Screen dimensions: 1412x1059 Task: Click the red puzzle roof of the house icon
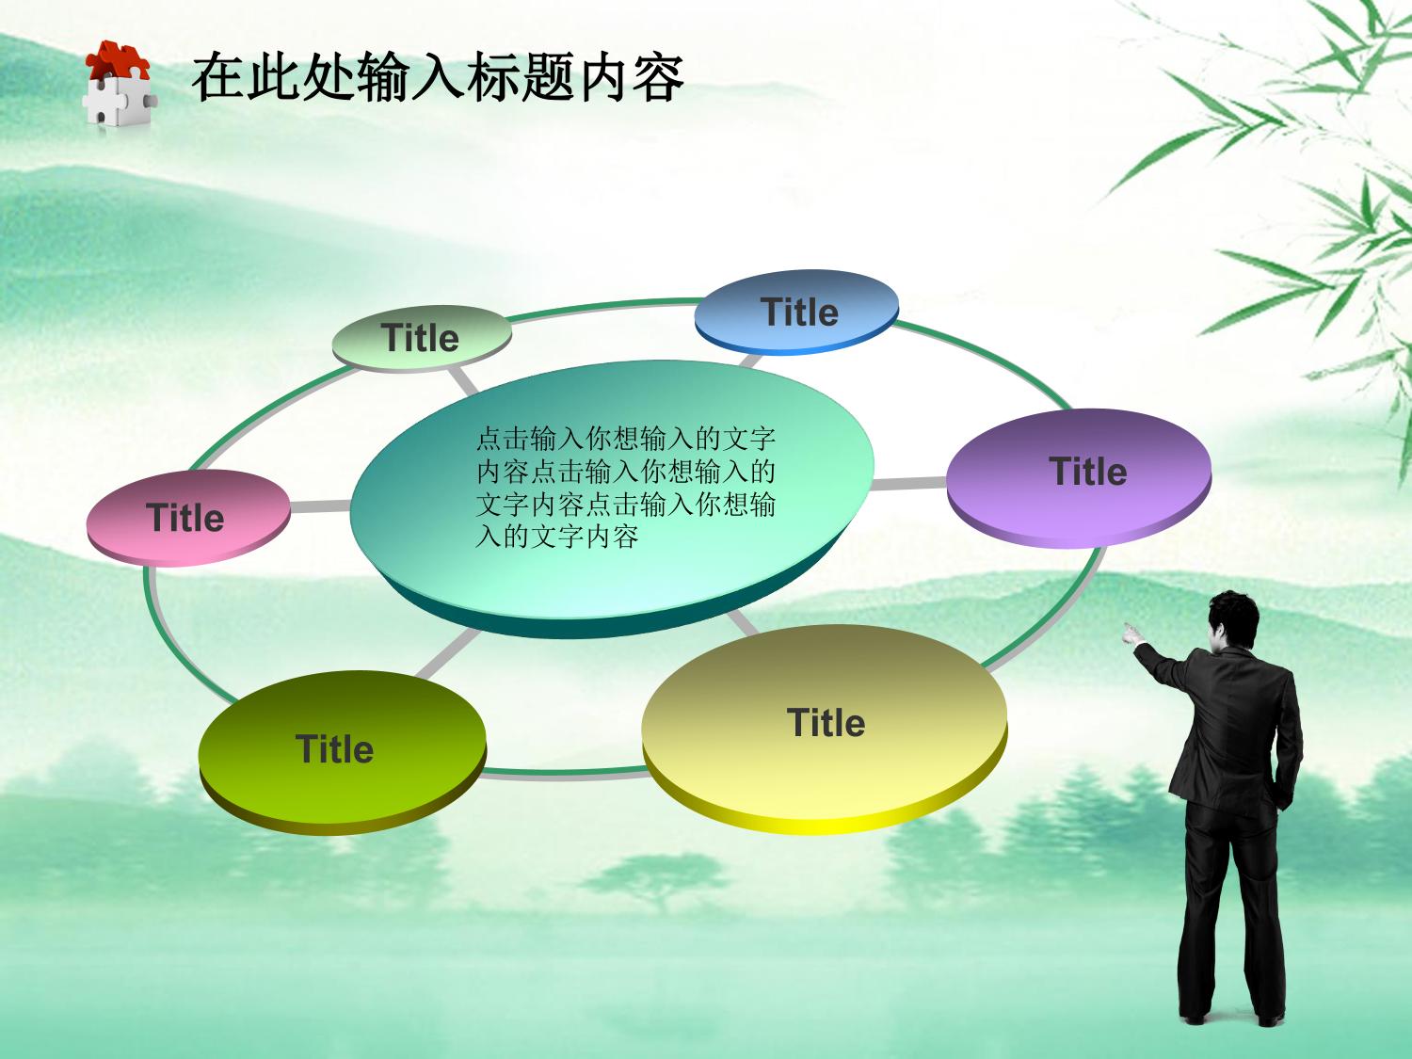click(118, 60)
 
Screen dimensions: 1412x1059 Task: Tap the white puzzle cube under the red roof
click(119, 100)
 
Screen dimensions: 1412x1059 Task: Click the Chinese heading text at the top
click(438, 77)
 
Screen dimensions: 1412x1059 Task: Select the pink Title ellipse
click(188, 518)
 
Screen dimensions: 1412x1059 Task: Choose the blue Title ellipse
click(796, 312)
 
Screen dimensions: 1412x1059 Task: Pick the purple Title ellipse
click(1079, 478)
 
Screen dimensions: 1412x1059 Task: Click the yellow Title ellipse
click(825, 730)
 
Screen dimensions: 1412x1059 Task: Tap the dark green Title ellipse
click(343, 752)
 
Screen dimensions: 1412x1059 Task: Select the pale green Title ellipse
click(422, 339)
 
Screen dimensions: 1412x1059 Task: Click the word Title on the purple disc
click(1088, 471)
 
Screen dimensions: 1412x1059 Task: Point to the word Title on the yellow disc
click(826, 722)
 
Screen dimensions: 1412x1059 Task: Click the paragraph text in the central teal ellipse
click(625, 488)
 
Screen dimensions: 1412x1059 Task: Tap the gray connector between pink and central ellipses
click(320, 506)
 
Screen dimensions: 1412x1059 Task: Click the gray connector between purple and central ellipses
click(909, 484)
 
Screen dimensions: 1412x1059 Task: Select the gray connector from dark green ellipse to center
click(448, 653)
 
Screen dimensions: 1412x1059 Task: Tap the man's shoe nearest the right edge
click(1271, 1019)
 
